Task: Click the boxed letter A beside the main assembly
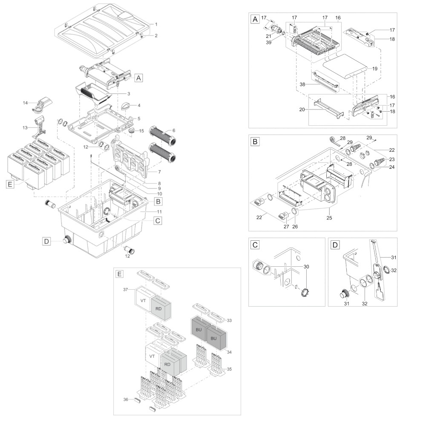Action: [138, 78]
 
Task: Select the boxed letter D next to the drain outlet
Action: [47, 241]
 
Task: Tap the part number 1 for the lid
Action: [156, 24]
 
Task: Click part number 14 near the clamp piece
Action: [25, 103]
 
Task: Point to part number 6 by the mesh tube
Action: [174, 130]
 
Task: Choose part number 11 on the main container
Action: [159, 212]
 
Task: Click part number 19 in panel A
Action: [375, 69]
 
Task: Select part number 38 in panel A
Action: [302, 84]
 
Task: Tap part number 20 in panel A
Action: [302, 109]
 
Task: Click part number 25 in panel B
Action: [329, 218]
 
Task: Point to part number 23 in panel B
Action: [392, 159]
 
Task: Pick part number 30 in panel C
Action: [306, 267]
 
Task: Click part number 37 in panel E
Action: [125, 290]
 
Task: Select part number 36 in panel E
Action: [126, 400]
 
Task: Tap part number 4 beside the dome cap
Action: [139, 105]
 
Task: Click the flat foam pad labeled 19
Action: [345, 66]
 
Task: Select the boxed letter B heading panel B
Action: [255, 141]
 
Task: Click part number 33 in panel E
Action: [229, 321]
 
